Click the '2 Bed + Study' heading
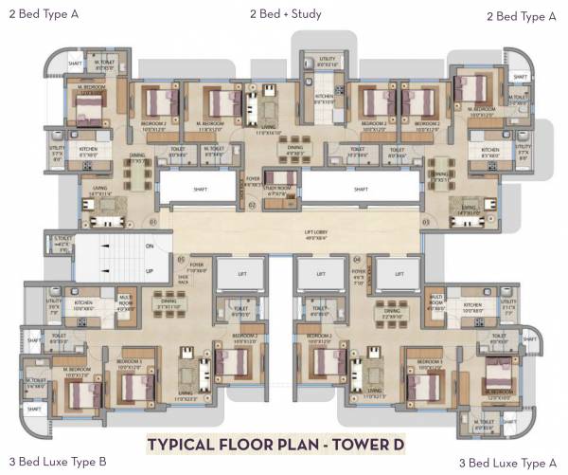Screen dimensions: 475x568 coord(285,14)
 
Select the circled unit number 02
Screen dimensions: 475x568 coord(252,203)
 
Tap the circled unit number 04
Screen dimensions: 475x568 coord(357,257)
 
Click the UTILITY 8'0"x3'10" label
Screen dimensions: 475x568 coord(327,63)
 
